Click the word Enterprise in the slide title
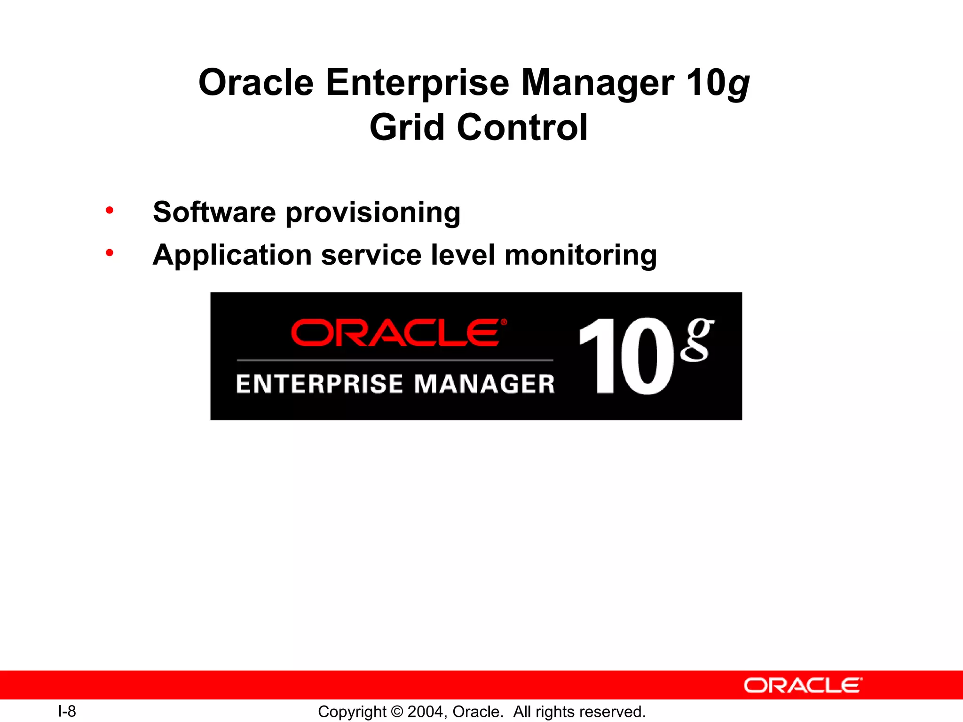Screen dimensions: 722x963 (417, 83)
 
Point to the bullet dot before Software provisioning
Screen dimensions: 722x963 (110, 210)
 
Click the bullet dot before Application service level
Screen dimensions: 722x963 (110, 253)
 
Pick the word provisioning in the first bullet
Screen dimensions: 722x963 (373, 212)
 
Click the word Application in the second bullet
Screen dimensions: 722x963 (232, 255)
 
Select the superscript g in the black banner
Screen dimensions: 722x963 (697, 339)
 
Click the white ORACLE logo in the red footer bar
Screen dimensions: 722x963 (803, 685)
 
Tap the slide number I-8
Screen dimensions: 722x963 (67, 711)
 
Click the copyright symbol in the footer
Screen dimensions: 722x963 (397, 712)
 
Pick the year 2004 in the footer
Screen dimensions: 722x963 (425, 712)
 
